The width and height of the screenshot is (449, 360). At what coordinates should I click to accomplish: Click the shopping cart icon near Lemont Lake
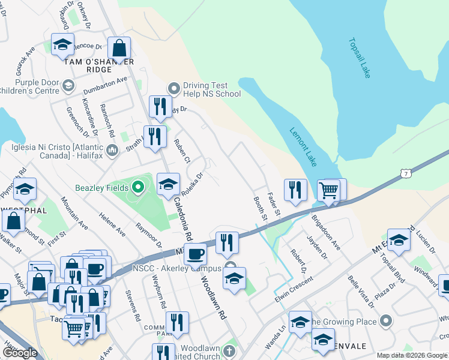[x=328, y=191]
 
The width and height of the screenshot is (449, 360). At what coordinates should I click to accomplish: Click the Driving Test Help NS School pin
[x=174, y=89]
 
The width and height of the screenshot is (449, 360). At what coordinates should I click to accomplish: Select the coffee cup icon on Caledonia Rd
[x=195, y=254]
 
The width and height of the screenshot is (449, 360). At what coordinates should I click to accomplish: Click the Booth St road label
[x=260, y=207]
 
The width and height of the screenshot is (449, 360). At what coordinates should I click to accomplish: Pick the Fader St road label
[x=274, y=203]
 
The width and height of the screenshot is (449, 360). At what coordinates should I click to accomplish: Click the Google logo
[x=20, y=353]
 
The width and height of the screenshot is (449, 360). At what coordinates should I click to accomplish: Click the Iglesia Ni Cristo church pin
[x=112, y=149]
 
